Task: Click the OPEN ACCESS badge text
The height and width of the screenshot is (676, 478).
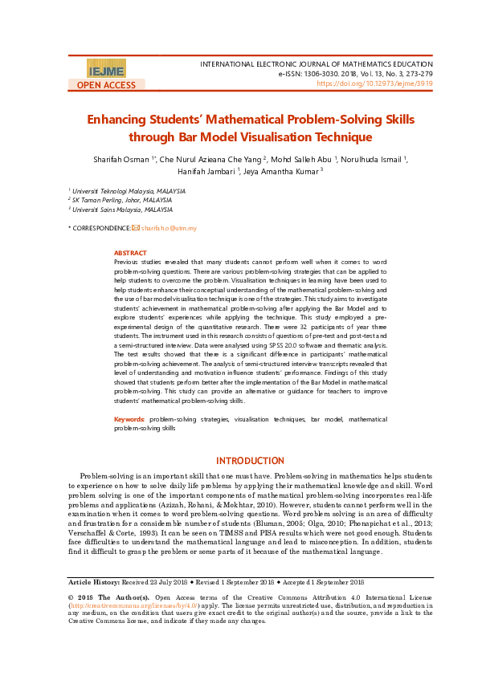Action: coord(107,85)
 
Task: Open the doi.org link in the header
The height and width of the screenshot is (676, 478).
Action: coord(375,83)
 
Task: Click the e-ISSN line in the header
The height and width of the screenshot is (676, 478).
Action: coord(355,72)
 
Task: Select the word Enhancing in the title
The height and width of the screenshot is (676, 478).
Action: coord(121,120)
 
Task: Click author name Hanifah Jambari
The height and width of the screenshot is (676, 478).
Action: coord(207,170)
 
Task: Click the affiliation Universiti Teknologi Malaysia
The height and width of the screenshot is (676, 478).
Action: coord(129,191)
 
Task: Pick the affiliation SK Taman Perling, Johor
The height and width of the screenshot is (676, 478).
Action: coord(122,200)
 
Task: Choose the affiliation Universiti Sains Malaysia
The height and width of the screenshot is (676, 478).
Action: coord(122,209)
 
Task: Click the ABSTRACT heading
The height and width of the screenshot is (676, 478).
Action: coord(130,252)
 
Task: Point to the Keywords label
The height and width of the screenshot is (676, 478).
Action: coord(129,419)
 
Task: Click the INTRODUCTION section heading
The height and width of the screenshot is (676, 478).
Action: coord(251,461)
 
